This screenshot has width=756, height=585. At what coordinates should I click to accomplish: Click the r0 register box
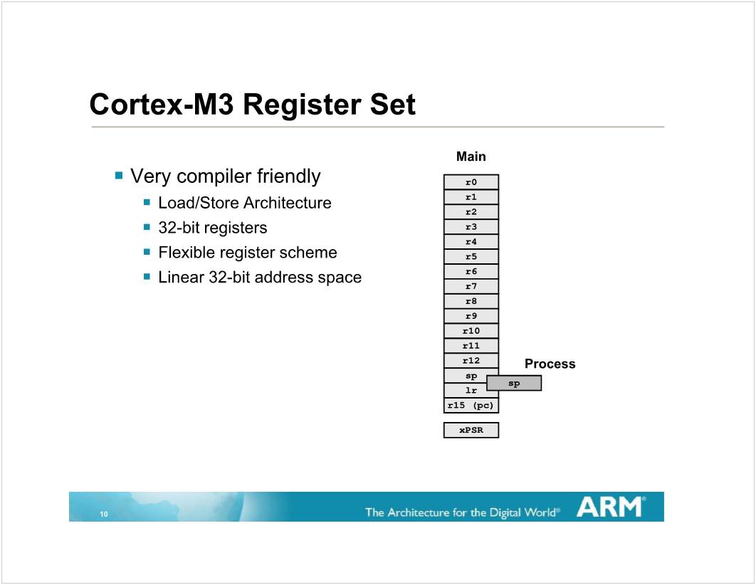471,182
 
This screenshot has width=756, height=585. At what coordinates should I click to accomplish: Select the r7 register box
471,286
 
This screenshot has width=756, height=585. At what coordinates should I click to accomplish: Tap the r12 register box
471,360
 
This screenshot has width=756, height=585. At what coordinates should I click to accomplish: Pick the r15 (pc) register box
471,405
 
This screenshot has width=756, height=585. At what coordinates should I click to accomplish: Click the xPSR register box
471,430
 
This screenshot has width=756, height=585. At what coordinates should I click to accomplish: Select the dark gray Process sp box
514,383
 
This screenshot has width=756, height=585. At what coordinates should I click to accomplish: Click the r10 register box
471,331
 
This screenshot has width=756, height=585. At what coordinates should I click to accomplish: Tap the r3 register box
471,227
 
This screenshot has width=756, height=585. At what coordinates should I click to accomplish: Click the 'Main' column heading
471,157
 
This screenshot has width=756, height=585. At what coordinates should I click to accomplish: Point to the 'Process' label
550,364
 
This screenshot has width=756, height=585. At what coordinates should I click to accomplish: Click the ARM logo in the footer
611,507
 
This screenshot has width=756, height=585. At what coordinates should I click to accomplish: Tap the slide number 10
104,514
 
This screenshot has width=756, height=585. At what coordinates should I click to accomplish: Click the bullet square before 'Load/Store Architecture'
147,202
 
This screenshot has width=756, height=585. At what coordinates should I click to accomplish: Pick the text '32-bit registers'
213,228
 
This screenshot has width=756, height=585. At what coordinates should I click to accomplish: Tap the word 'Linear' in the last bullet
182,278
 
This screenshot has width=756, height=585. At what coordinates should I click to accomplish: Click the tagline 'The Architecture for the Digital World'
463,512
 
